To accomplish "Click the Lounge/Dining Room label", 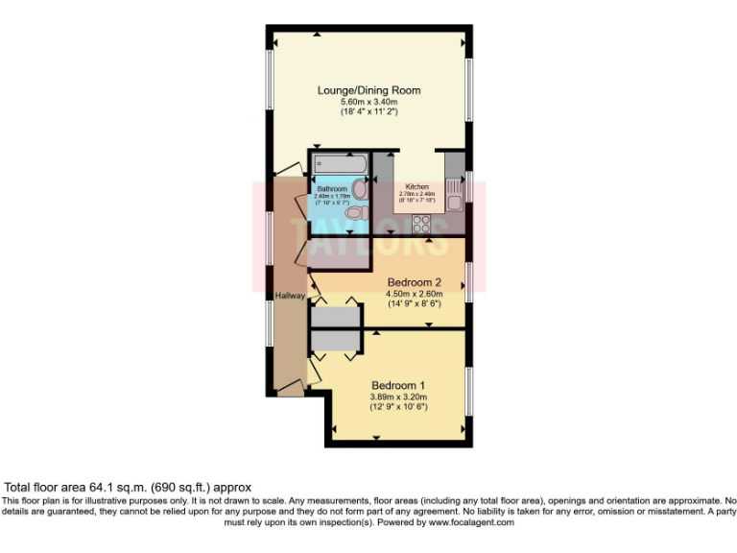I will pos(369,91).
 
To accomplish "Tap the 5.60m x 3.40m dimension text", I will pos(369,102).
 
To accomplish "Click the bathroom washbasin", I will pos(356,188).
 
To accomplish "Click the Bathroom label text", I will pos(332,189).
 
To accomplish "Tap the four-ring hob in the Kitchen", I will pos(419,225).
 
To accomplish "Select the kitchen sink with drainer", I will pos(456,192).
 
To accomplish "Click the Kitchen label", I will pos(416,186).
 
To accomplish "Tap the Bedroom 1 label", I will pos(397,385).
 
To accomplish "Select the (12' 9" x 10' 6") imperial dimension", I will pos(397,407).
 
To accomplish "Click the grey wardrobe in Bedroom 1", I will pos(335,341).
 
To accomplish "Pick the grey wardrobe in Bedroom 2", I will pos(335,316).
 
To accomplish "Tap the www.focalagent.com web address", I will pos(470,523).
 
